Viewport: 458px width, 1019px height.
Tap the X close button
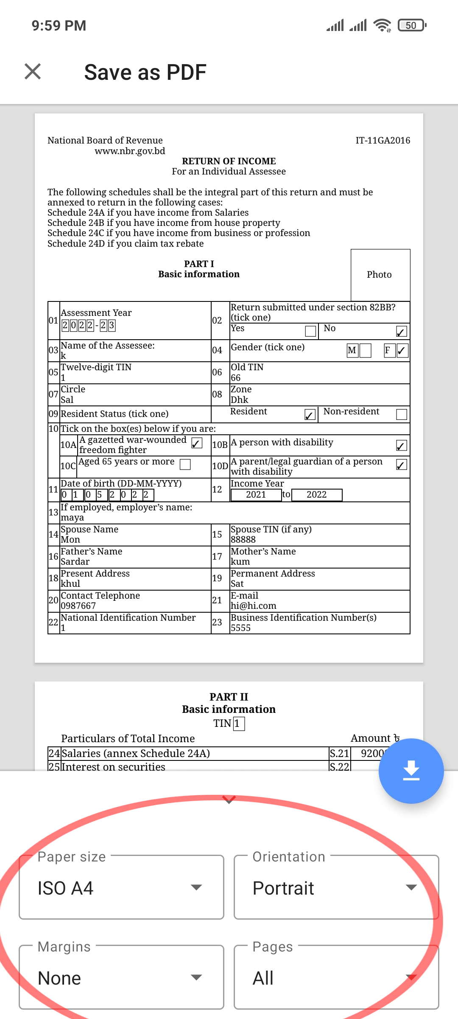33,71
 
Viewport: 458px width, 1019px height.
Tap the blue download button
411,771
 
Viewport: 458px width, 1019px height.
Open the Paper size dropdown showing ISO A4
121,888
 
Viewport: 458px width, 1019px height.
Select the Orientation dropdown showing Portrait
336,888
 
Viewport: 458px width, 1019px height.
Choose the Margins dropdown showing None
121,978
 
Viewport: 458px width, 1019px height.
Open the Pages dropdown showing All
336,978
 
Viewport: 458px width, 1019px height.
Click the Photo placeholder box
380,275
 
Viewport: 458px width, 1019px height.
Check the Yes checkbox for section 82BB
310,331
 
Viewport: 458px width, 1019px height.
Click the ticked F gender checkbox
402,351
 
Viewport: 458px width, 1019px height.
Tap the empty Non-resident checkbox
401,414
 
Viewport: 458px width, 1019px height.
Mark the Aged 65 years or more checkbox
185,464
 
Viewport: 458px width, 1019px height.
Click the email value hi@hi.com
253,606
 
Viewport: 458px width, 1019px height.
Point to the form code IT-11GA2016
383,141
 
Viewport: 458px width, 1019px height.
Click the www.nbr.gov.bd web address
130,151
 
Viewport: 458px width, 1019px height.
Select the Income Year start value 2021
256,495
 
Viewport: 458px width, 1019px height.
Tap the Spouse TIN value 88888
243,540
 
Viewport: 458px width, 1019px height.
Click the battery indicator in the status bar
412,25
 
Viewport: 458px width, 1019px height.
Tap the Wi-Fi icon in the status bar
382,25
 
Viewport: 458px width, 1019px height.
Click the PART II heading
229,697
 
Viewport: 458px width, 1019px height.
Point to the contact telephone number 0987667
78,606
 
